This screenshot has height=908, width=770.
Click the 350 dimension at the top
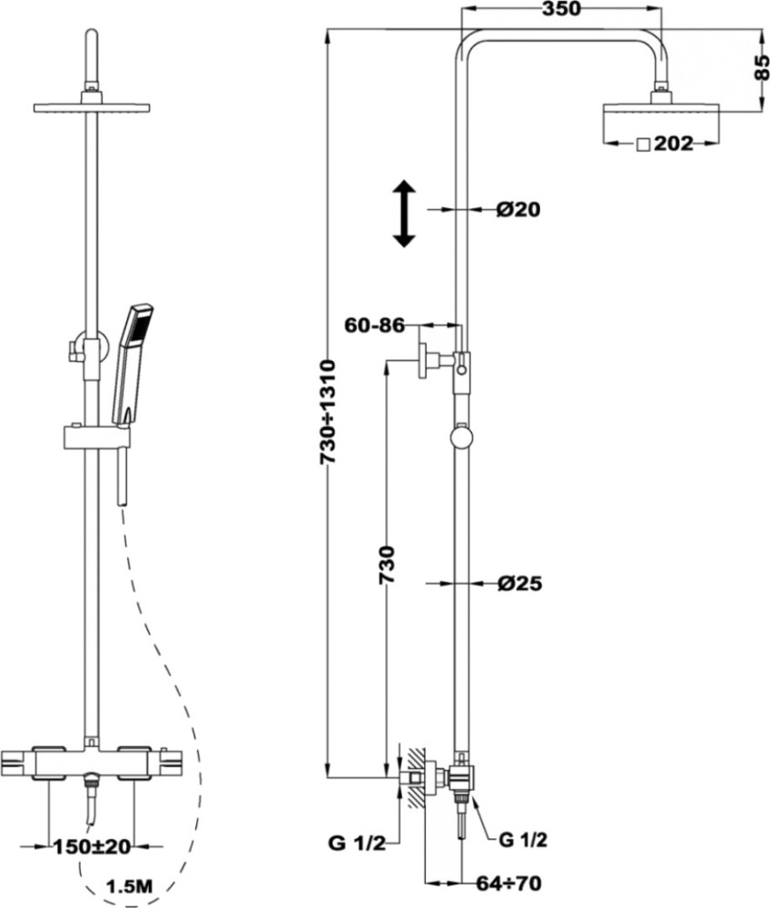pos(560,9)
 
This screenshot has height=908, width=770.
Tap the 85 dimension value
pos(762,67)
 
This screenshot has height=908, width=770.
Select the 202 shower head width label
pos(674,143)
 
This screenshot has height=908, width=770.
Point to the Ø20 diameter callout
pos(518,209)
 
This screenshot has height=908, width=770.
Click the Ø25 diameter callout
pos(520,583)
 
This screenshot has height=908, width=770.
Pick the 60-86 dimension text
pos(375,325)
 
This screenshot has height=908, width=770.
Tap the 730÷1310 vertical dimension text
pos(329,411)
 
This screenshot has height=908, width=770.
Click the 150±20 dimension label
pos(92,846)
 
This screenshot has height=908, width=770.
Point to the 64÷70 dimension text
pos(508,883)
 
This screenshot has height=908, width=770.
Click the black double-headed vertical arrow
pos(404,213)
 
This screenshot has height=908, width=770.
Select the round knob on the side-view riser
pos(461,438)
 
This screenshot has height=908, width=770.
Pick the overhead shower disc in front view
pos(92,108)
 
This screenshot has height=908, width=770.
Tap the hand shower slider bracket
pos(95,438)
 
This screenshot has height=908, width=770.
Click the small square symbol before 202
pos(643,144)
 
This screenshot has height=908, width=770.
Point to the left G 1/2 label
pos(356,844)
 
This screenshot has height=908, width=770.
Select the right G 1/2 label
pos(522,839)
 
